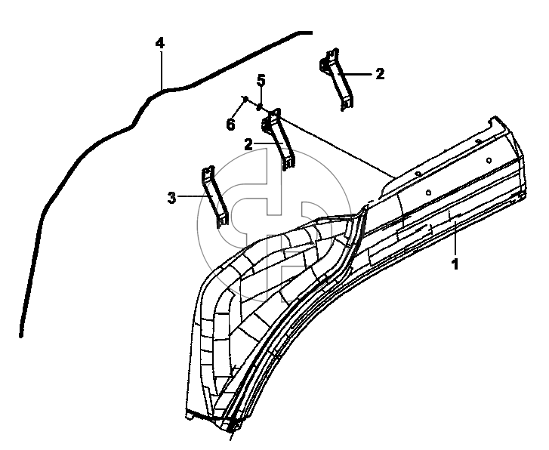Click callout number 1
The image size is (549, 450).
click(x=455, y=264)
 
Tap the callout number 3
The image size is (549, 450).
click(x=172, y=198)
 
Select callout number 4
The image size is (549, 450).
click(x=160, y=43)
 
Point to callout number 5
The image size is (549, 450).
click(x=261, y=80)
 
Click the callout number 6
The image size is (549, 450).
click(x=231, y=125)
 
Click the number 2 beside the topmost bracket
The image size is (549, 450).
click(x=380, y=74)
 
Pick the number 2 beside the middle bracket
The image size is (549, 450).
click(x=248, y=144)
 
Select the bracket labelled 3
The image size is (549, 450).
click(x=214, y=197)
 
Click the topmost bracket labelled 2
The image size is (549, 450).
click(x=337, y=79)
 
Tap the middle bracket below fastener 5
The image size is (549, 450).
click(x=279, y=140)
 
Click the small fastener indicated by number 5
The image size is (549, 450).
click(x=260, y=106)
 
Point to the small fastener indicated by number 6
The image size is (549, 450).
click(x=245, y=99)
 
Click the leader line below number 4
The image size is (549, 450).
click(x=162, y=70)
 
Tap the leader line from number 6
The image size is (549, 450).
click(x=239, y=110)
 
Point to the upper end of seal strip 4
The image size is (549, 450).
click(x=310, y=33)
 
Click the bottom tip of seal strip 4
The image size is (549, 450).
click(x=21, y=335)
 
